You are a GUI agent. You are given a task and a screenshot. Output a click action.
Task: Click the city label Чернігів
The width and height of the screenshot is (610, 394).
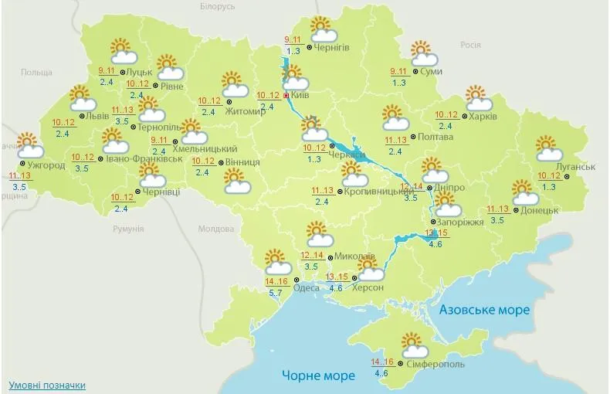pos(332,48)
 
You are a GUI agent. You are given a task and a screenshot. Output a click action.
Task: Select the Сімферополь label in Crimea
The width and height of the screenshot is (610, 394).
pos(419,363)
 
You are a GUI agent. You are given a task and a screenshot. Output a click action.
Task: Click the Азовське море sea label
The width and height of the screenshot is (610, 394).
pos(484,311)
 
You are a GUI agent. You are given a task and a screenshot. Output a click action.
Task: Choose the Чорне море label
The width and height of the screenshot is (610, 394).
pos(318,376)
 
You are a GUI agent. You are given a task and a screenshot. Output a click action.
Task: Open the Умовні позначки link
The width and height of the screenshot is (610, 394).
pos(47,385)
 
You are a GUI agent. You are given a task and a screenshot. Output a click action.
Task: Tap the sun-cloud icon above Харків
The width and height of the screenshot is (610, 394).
pos(479,99)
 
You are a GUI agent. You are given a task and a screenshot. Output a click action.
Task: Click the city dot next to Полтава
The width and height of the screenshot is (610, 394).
pos(412,138)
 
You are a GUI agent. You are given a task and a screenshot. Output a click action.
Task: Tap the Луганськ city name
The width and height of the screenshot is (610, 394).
pos(575,166)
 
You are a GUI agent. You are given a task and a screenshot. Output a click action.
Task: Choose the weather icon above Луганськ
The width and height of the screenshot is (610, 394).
pos(550,148)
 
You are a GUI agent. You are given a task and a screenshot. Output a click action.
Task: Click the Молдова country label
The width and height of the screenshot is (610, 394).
pos(215,229)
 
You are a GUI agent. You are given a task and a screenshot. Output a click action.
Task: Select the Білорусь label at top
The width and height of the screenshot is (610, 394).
pos(216,6)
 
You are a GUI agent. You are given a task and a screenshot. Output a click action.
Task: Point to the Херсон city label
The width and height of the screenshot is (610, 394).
pos(368,287)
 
